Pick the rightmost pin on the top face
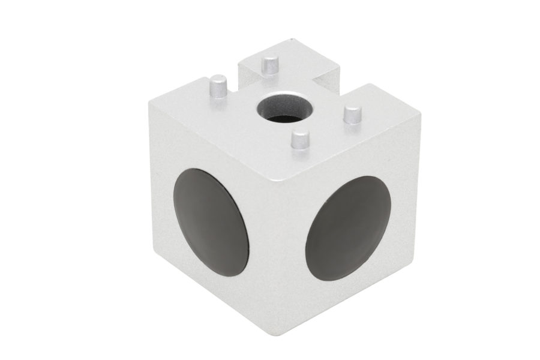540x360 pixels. click(x=353, y=116)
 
